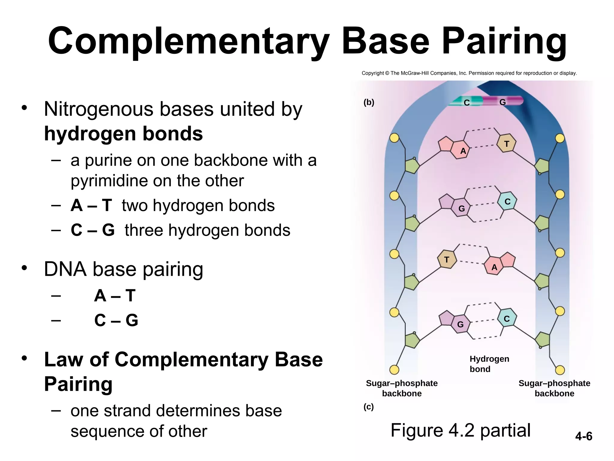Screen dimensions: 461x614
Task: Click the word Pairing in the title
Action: pyautogui.click(x=504, y=41)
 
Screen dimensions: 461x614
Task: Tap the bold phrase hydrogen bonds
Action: pyautogui.click(x=123, y=134)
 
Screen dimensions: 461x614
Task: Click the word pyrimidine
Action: pyautogui.click(x=109, y=181)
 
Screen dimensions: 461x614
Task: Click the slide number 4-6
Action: pyautogui.click(x=583, y=436)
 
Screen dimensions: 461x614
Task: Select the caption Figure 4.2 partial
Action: pyautogui.click(x=460, y=430)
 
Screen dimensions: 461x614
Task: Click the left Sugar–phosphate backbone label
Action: pyautogui.click(x=401, y=388)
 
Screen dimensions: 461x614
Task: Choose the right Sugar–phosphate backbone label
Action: pyautogui.click(x=554, y=388)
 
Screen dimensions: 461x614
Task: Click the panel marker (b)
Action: pyautogui.click(x=369, y=102)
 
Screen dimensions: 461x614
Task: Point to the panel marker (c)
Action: pyautogui.click(x=368, y=407)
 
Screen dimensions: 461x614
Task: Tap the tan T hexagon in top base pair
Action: pyautogui.click(x=506, y=144)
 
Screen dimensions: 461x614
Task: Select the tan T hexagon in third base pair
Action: pyautogui.click(x=446, y=260)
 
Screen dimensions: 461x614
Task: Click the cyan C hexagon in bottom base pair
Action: pyautogui.click(x=507, y=319)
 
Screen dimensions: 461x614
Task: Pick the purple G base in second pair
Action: pyautogui.click(x=461, y=208)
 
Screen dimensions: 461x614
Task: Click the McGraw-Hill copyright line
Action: pyautogui.click(x=469, y=73)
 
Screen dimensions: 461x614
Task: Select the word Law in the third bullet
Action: pyautogui.click(x=63, y=359)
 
